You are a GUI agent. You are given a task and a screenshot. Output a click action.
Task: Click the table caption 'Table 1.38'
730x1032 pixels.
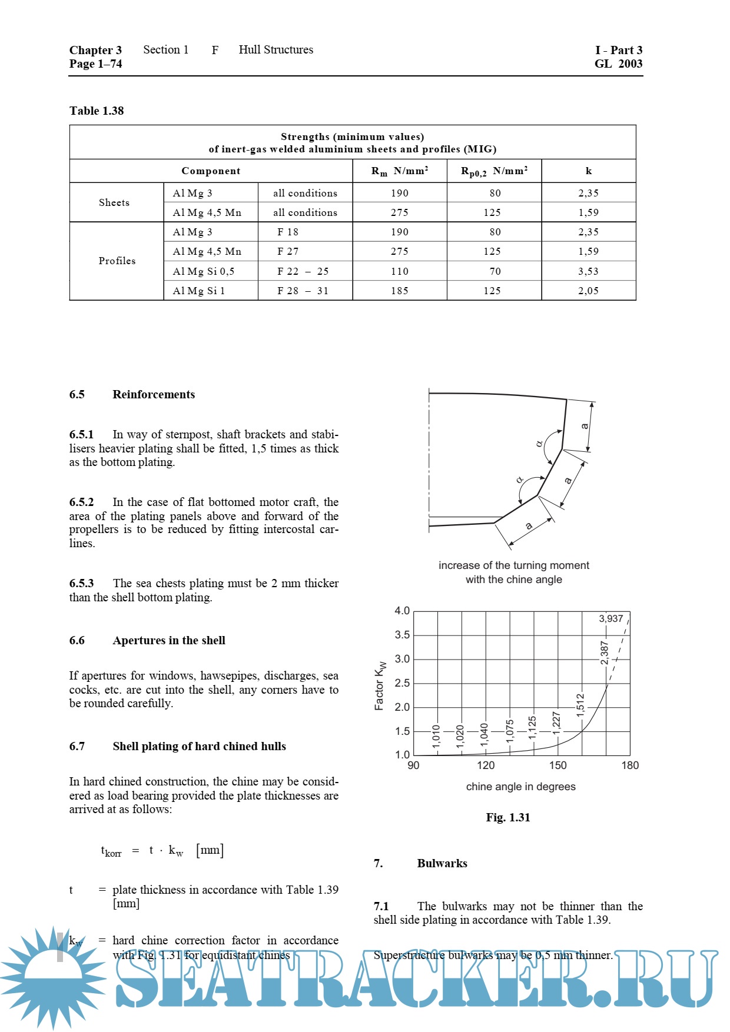click(x=97, y=111)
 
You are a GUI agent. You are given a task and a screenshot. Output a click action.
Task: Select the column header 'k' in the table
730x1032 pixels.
click(x=588, y=171)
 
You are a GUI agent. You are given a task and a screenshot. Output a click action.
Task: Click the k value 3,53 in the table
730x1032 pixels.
click(x=588, y=271)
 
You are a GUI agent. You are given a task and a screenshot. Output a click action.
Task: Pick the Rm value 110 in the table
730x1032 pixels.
click(x=400, y=271)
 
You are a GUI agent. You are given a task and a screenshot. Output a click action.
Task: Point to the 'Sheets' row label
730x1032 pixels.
click(x=114, y=202)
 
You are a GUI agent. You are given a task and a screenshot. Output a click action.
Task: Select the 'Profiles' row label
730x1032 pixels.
click(x=117, y=261)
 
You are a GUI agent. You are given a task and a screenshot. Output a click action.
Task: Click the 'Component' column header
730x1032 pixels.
click(x=211, y=171)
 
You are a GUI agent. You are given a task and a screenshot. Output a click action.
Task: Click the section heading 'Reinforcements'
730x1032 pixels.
click(x=154, y=394)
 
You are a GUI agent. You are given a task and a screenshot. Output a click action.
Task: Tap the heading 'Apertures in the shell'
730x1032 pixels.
click(x=169, y=640)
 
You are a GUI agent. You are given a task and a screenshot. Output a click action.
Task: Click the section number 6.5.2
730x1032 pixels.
click(x=81, y=502)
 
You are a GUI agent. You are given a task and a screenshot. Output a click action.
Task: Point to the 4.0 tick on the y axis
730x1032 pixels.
click(x=402, y=611)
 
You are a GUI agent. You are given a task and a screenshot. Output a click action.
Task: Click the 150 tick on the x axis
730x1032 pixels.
click(x=558, y=765)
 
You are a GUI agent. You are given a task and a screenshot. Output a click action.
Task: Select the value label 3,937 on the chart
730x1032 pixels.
click(x=610, y=619)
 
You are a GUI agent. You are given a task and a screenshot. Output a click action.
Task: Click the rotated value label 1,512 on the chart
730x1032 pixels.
click(x=580, y=705)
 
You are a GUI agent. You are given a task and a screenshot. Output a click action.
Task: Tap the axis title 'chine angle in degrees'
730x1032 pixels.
click(x=520, y=787)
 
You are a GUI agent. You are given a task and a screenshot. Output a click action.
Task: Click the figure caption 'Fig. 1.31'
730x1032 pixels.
click(x=508, y=817)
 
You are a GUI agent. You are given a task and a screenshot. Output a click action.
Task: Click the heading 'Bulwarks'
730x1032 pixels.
click(x=442, y=863)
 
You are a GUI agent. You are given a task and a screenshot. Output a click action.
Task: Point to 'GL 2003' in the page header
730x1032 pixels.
click(x=618, y=64)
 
